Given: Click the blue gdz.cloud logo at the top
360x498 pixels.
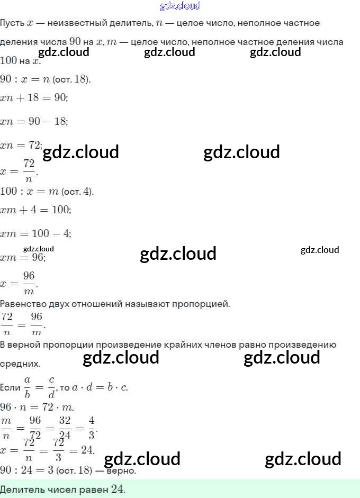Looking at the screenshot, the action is [180, 6].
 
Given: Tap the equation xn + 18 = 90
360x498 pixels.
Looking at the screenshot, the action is [34, 98].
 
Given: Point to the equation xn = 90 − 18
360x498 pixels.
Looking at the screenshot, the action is [34, 121].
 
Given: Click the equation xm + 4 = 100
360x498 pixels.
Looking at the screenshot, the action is [35, 210].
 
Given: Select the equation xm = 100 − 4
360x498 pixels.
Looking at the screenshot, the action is [35, 233].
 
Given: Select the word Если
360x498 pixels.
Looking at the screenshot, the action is [10, 388].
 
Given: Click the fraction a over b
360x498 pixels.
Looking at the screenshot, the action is [28, 387].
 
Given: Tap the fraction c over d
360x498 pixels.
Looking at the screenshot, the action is [51, 387].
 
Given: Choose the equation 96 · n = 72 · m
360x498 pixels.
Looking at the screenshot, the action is [37, 407].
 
